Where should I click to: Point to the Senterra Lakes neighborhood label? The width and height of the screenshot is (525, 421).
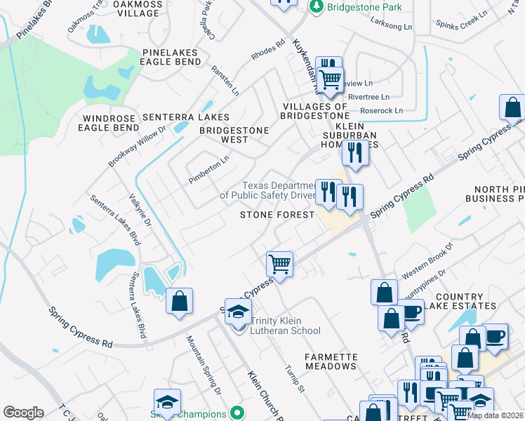point(185,116)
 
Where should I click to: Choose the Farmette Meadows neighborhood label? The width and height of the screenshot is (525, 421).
point(331,361)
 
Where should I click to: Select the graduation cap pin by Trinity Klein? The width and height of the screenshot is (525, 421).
point(239,312)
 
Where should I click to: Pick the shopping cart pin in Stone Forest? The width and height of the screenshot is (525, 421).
point(279,265)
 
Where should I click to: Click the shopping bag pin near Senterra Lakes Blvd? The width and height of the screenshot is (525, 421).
point(180,301)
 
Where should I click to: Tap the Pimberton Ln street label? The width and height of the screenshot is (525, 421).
point(209,170)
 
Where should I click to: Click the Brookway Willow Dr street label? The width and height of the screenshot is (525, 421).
point(136,146)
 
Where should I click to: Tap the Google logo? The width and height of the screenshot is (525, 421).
point(23,412)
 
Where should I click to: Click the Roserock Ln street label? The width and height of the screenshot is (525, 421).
point(379,110)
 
